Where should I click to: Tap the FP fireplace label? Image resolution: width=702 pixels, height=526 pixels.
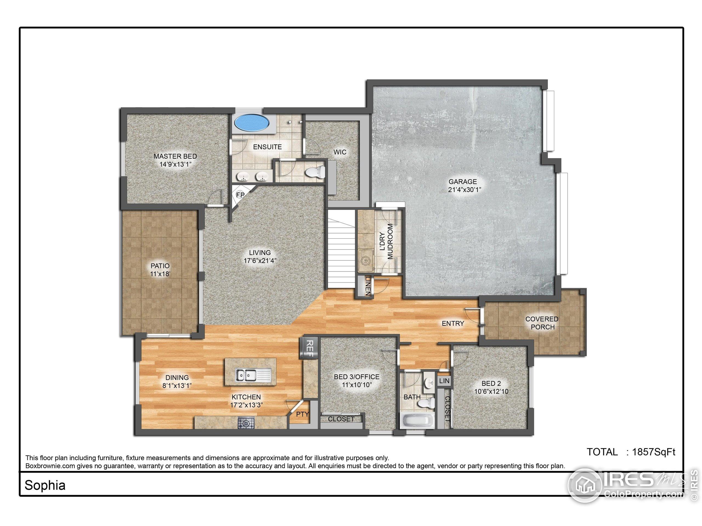(240, 195)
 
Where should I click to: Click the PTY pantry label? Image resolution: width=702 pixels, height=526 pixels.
(302, 414)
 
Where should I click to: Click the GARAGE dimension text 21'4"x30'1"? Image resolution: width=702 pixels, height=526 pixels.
(462, 190)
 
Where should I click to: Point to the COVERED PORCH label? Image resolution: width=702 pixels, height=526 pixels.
(542, 323)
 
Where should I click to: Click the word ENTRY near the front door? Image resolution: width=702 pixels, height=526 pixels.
(453, 323)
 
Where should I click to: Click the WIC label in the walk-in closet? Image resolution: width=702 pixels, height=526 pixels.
(339, 152)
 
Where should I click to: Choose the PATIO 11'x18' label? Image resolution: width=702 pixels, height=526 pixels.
(160, 270)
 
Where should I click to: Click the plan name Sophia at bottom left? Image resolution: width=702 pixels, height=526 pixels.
(45, 485)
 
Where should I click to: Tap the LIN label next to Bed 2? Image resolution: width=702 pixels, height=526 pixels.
(444, 381)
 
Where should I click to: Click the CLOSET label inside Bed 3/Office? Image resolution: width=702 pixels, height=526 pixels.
(341, 419)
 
